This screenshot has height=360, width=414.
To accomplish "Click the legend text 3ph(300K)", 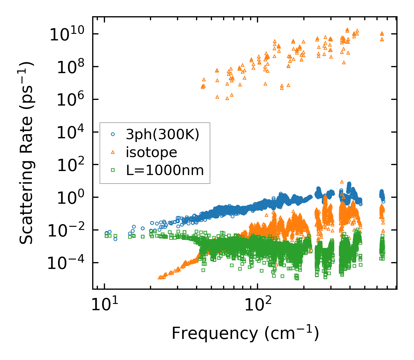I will click(x=162, y=134).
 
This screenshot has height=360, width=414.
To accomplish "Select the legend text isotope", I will click(x=151, y=152).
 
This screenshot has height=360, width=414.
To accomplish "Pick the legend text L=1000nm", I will click(x=165, y=170).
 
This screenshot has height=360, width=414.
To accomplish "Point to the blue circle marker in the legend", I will click(x=113, y=134).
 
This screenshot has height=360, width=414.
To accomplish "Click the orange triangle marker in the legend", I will click(x=113, y=152).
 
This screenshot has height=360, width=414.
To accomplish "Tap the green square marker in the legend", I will click(x=113, y=170).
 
